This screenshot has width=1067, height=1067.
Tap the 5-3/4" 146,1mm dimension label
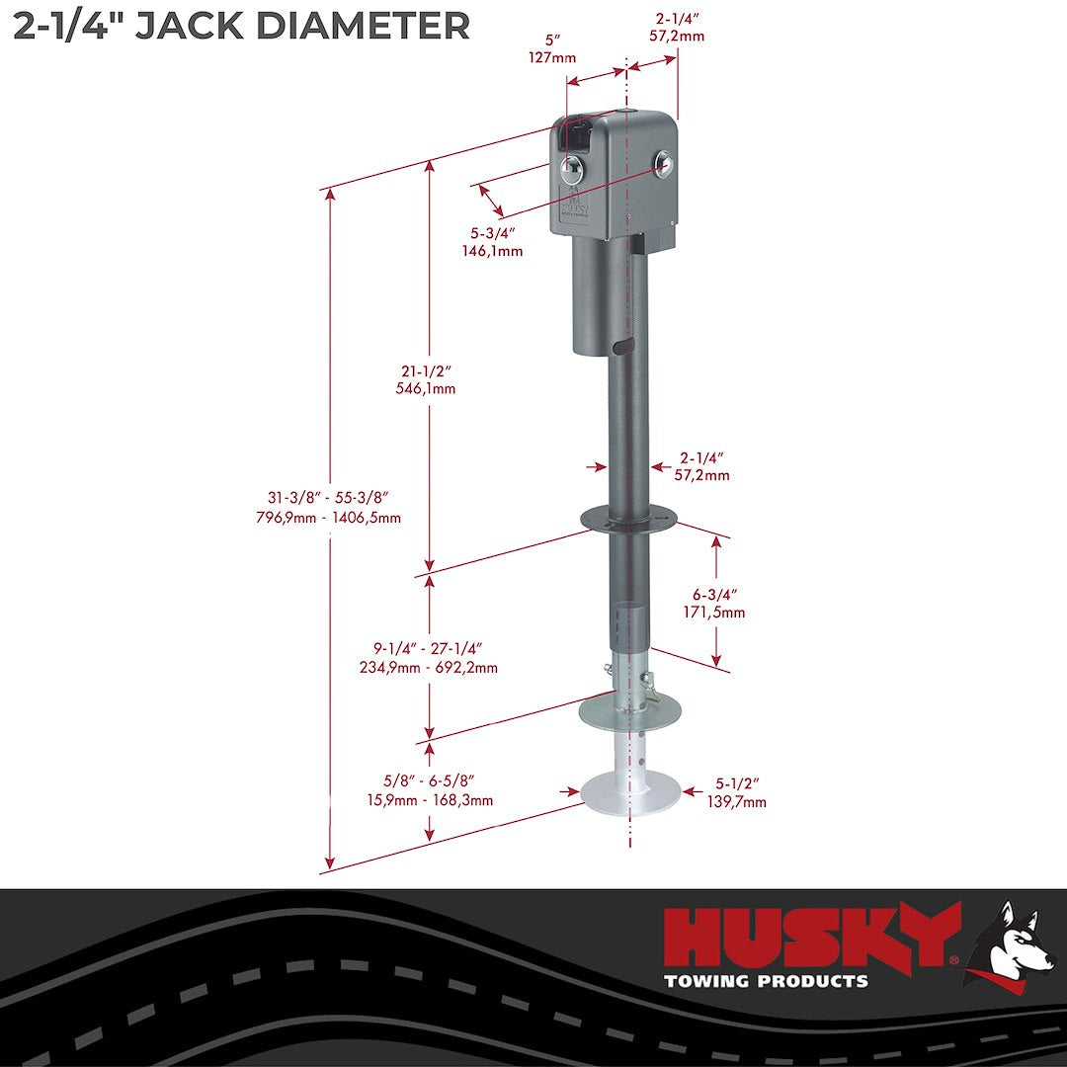(492, 242)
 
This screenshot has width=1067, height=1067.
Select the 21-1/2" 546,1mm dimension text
(425, 379)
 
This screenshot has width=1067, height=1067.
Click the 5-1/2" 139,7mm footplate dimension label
(737, 793)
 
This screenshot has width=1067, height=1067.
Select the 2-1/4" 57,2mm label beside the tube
(702, 466)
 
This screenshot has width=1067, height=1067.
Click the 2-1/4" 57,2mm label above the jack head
(680, 27)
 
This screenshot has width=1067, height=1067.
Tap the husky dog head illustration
(1009, 939)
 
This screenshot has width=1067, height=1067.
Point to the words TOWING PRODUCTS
(766, 981)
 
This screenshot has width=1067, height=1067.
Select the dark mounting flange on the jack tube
(628, 516)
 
